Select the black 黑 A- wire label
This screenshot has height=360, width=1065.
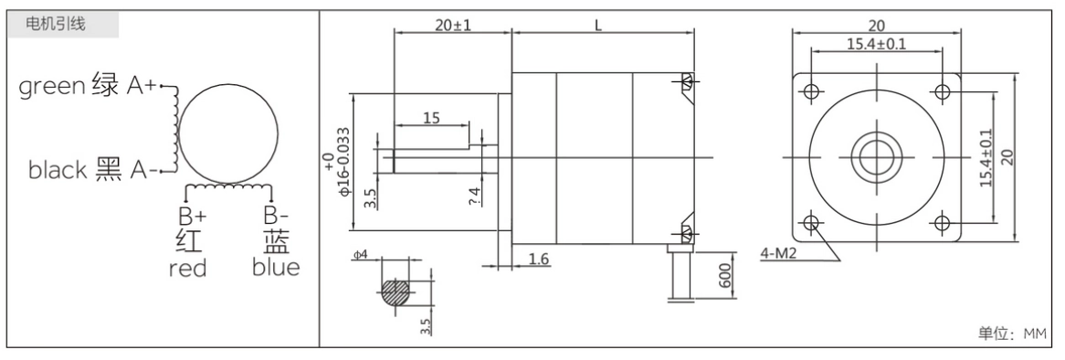[91, 170]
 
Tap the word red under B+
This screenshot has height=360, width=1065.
[188, 268]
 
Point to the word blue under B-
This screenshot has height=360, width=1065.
[276, 268]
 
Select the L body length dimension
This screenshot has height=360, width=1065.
[598, 25]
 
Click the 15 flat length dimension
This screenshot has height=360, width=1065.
[432, 118]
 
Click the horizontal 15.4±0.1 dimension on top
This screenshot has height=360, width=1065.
[874, 44]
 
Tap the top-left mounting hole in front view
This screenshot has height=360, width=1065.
[809, 90]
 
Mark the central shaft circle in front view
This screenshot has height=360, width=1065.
[876, 156]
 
